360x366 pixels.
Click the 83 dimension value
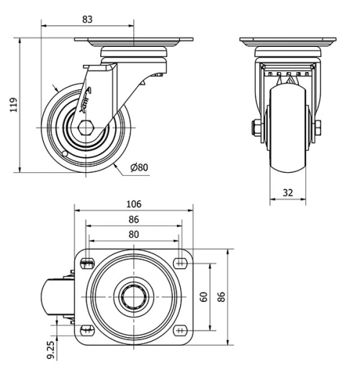pos(87,19)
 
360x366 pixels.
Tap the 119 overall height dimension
pos(14,104)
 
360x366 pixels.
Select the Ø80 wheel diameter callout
pos(139,167)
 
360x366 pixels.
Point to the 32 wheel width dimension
pos(288,192)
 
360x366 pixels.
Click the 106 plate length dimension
pos(134,204)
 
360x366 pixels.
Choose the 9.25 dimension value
pos(51,350)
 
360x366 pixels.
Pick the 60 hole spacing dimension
pos(204,297)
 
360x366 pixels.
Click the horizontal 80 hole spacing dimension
pos(134,234)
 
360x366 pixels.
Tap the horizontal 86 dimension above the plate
pos(134,219)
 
